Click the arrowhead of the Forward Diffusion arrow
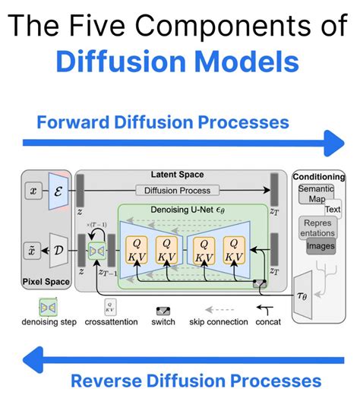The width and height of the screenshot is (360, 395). (x=333, y=143)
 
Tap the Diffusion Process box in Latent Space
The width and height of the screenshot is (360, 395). (x=178, y=190)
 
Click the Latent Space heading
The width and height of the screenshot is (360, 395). (x=178, y=175)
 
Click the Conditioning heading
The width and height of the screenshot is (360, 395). (x=319, y=177)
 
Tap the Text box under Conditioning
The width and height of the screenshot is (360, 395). (x=333, y=208)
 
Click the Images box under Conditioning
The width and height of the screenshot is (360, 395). (x=320, y=245)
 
